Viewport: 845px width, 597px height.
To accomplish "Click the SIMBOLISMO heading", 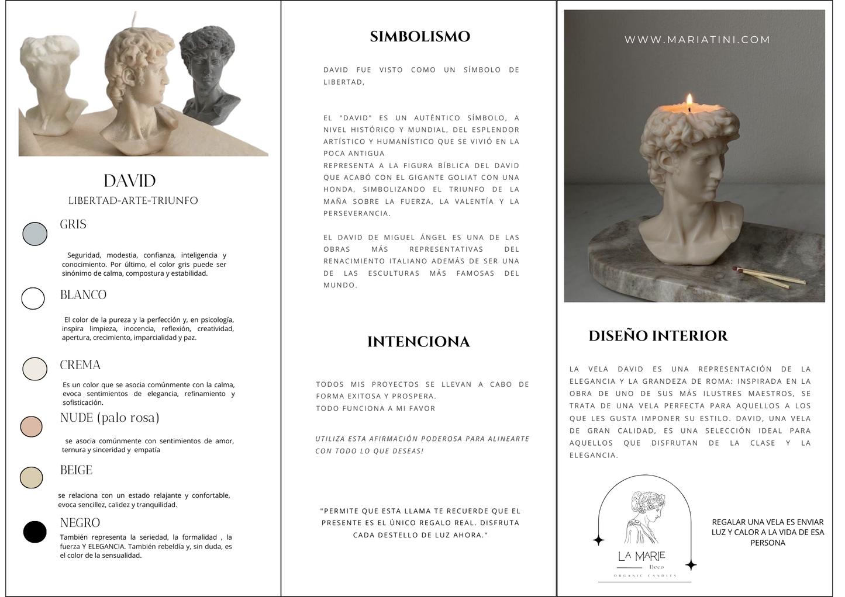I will [x=420, y=36].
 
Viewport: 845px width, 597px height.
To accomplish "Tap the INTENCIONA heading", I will [x=418, y=342].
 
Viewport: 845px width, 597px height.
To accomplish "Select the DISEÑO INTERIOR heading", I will [x=658, y=336].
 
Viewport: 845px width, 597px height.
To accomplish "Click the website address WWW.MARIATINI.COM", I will [x=697, y=40].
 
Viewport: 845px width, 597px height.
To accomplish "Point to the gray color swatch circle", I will [x=35, y=234].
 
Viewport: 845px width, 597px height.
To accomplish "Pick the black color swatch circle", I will [x=35, y=532].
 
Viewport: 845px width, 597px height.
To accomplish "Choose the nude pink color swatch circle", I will [x=32, y=426].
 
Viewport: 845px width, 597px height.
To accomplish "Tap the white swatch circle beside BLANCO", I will [x=33, y=298].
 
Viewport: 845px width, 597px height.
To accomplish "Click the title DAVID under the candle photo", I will [x=129, y=181].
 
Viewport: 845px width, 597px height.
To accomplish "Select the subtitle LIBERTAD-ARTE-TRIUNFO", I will [x=133, y=200].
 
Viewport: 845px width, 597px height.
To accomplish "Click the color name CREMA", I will [x=80, y=365].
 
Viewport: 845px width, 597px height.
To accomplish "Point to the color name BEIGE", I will [x=76, y=470].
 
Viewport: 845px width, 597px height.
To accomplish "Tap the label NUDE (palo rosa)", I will [x=109, y=418].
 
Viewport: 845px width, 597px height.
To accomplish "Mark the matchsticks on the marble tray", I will [x=760, y=277].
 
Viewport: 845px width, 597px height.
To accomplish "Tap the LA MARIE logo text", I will [x=641, y=556].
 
